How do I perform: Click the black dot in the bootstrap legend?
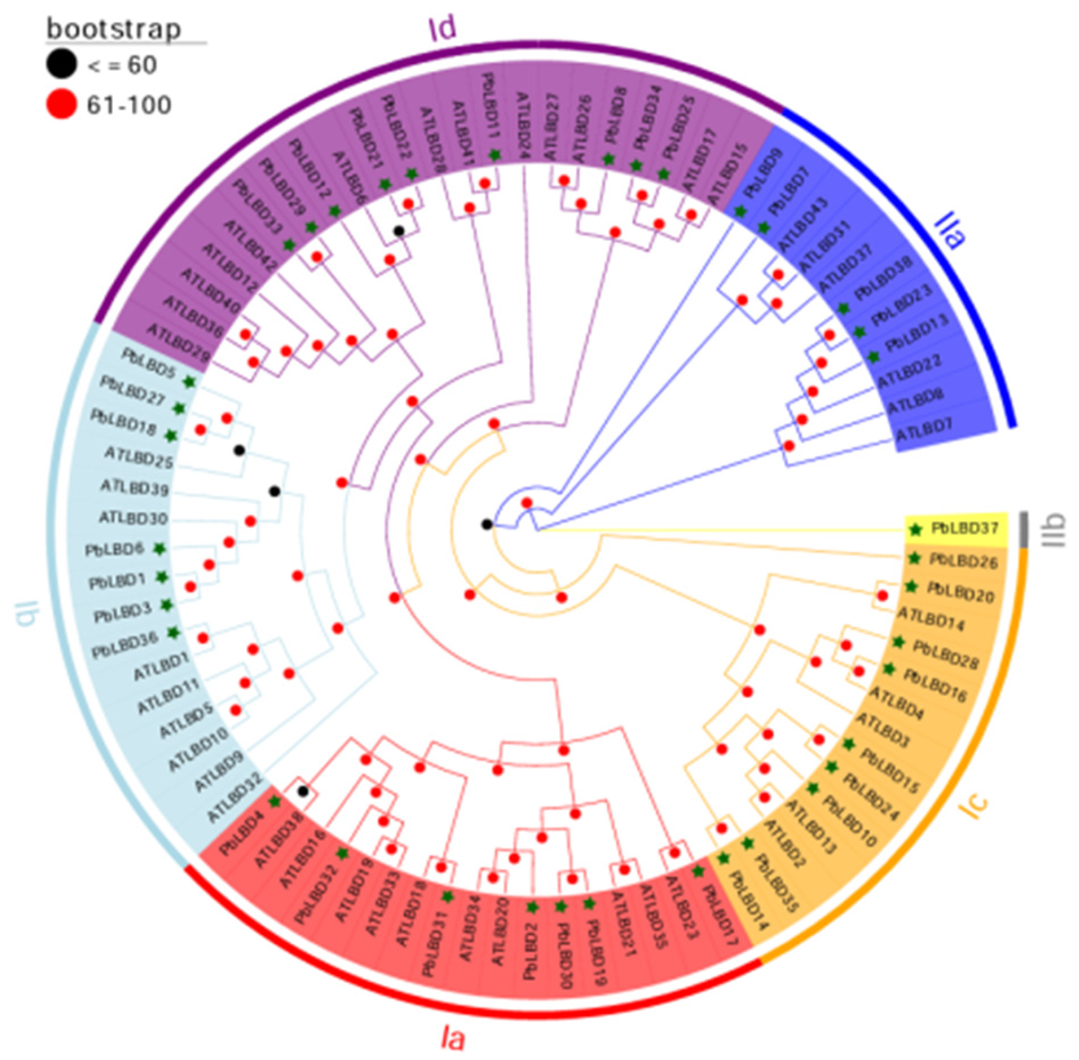[61, 64]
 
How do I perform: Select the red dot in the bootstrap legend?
[61, 104]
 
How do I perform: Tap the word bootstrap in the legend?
[114, 29]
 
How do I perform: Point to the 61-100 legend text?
[129, 105]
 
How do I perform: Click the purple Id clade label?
[442, 27]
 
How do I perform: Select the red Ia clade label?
[452, 1039]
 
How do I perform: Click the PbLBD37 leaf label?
[964, 528]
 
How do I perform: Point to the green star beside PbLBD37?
[916, 530]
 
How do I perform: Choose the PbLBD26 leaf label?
[963, 561]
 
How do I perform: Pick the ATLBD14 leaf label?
[930, 619]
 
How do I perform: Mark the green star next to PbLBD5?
[189, 381]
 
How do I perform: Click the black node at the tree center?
[487, 524]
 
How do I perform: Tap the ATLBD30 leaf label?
[133, 518]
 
